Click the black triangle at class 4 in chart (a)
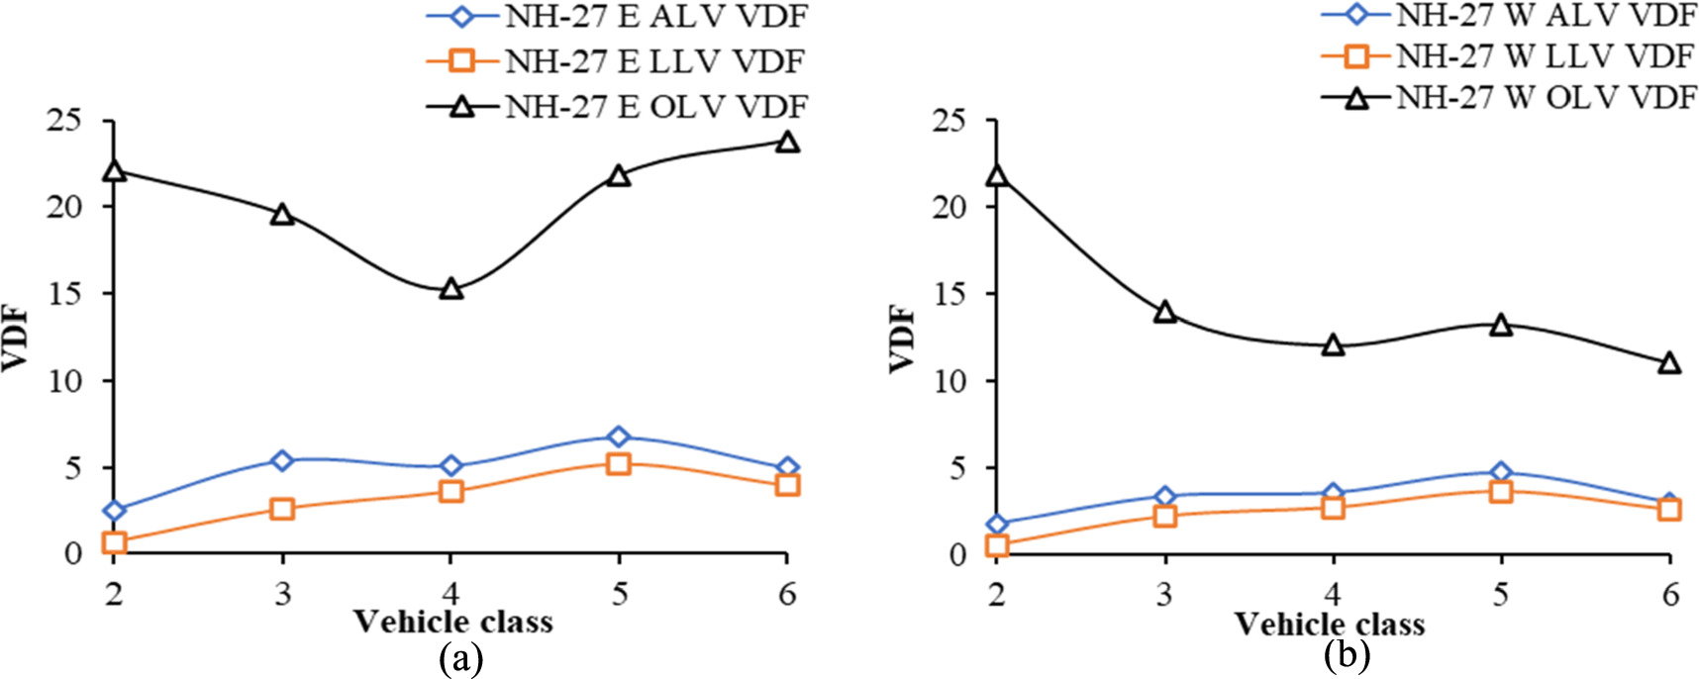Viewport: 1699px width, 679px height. pos(450,289)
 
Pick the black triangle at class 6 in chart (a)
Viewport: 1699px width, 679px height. pos(787,142)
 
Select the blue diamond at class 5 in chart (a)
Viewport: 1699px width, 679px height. pos(619,436)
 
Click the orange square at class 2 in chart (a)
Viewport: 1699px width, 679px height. pos(114,542)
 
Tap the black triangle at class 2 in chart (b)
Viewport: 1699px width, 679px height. pos(997,176)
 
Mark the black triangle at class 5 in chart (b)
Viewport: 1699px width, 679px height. pos(1501,325)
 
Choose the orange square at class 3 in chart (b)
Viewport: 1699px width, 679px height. pos(1165,516)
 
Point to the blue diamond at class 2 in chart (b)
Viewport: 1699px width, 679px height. pos(997,524)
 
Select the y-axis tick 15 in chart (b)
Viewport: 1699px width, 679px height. pos(954,294)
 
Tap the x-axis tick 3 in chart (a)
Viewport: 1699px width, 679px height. pos(282,593)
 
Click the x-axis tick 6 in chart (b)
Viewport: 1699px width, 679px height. pos(1670,593)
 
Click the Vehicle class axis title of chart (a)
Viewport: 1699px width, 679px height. pos(452,623)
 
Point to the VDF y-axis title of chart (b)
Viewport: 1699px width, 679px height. pos(903,339)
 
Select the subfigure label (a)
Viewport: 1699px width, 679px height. pos(461,658)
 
